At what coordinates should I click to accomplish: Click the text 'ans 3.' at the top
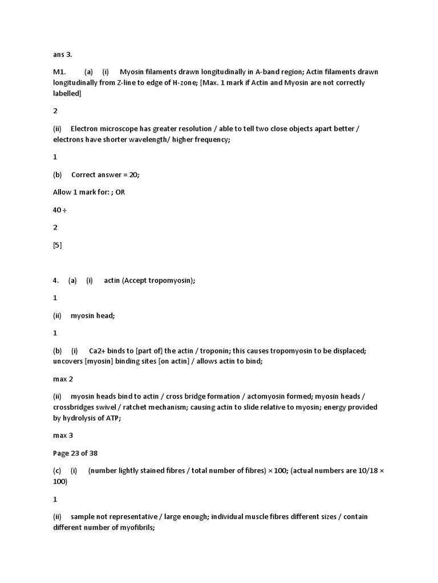coord(62,55)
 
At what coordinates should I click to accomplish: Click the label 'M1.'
coord(60,72)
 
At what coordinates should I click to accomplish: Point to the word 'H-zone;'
coord(212,83)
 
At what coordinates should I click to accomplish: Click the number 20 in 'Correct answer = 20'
coord(135,175)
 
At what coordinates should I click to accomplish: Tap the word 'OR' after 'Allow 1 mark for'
coord(120,192)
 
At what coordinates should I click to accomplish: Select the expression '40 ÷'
coord(59,210)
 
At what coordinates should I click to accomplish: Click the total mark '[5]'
coord(57,245)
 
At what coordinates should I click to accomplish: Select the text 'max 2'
coord(63,379)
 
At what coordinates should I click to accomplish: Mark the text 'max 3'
coord(63,436)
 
